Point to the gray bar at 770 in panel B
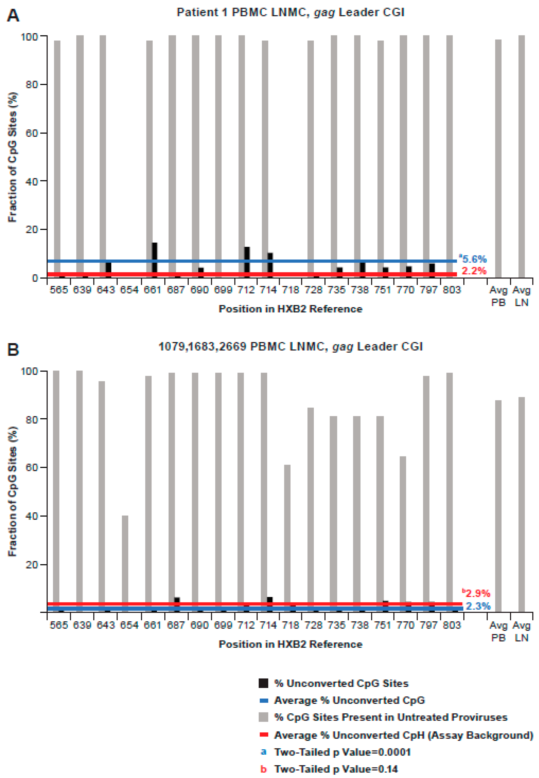pos(403,533)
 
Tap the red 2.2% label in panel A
pos(474,271)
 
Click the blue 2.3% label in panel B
pos(478,606)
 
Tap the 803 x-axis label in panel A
pos(451,290)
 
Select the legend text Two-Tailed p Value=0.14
pos(336,769)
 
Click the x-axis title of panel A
pos(290,309)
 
